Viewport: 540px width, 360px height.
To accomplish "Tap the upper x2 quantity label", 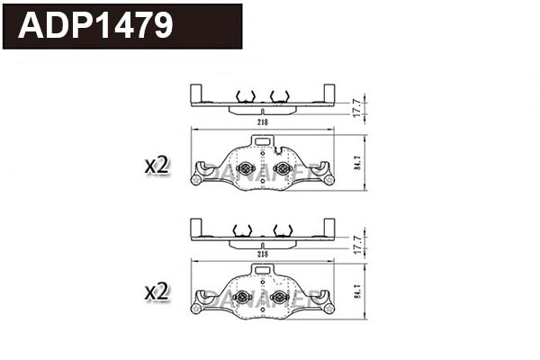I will pos(157,165).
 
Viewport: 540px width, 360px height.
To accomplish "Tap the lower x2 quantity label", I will pos(157,291).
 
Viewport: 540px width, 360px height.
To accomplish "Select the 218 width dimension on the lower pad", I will pos(263,255).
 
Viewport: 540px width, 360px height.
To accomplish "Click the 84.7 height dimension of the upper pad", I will pos(357,163).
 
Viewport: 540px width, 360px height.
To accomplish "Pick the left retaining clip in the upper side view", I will pos(242,95).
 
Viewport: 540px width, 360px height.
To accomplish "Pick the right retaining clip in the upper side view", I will pos(279,95).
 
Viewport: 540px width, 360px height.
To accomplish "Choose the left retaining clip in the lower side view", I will pos(242,229).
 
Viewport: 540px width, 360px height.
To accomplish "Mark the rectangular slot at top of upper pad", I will pos(262,141).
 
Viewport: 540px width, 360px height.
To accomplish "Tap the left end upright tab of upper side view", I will pos(195,94).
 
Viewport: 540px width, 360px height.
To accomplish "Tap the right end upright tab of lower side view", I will pos(329,227).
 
